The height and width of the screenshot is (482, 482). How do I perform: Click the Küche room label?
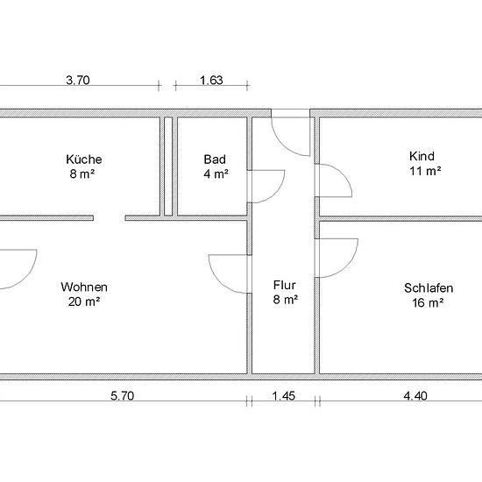coord(84,159)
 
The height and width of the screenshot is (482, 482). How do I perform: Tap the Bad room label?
coord(215,159)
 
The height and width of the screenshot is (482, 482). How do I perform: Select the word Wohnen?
coord(84,287)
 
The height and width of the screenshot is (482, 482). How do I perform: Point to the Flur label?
coord(285,285)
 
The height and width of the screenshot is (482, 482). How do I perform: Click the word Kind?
coord(422,156)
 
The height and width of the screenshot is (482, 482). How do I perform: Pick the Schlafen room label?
coord(429,288)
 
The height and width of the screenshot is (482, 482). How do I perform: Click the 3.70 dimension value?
coord(78,81)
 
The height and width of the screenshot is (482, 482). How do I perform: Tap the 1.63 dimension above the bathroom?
coord(211,81)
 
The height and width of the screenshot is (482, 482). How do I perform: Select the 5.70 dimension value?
coord(123,396)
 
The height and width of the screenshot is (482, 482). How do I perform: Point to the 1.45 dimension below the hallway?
coord(284,396)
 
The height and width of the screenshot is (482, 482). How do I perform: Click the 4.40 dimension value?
coord(415,396)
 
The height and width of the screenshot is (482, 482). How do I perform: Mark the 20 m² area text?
coord(84,301)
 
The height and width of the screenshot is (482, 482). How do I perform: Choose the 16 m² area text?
coord(428,303)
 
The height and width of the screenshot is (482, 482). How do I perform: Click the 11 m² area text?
coord(425,171)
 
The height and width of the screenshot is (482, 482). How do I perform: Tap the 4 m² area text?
coord(216,174)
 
